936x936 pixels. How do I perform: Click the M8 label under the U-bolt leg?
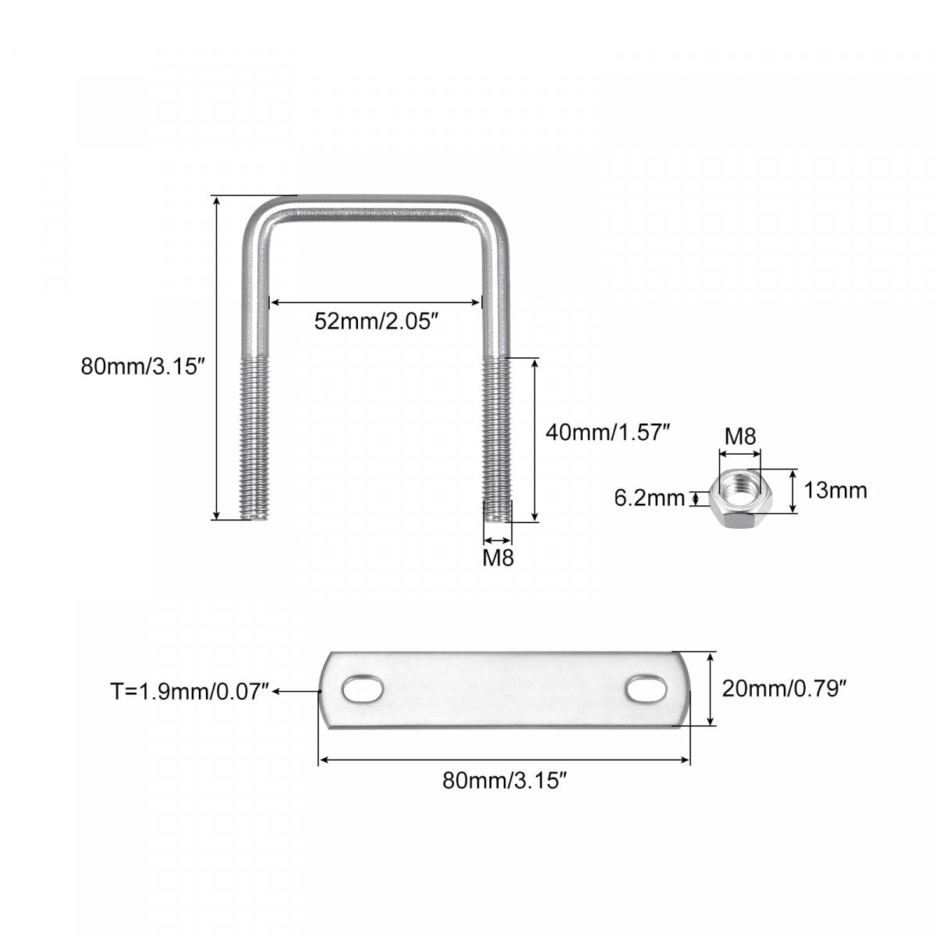click(498, 558)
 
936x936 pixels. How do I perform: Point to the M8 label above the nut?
click(740, 437)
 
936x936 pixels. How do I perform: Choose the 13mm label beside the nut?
click(835, 491)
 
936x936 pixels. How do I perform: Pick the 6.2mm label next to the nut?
click(650, 498)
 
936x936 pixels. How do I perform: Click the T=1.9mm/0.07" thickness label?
click(190, 691)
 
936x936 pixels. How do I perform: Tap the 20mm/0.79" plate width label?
click(784, 689)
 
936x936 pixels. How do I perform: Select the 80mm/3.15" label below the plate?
click(505, 781)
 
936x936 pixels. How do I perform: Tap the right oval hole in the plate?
click(647, 688)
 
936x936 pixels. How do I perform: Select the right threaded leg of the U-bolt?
click(497, 440)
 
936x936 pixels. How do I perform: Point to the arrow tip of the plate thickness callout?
click(272, 691)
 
